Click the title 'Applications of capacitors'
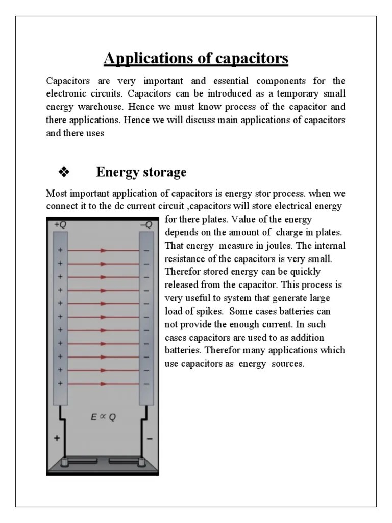[196, 59]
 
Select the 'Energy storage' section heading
[141, 172]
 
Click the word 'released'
[182, 285]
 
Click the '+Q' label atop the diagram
[60, 224]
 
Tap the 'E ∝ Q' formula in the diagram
[103, 416]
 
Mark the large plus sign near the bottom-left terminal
[57, 438]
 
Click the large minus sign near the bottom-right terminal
[150, 438]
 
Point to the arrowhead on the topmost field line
[104, 250]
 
